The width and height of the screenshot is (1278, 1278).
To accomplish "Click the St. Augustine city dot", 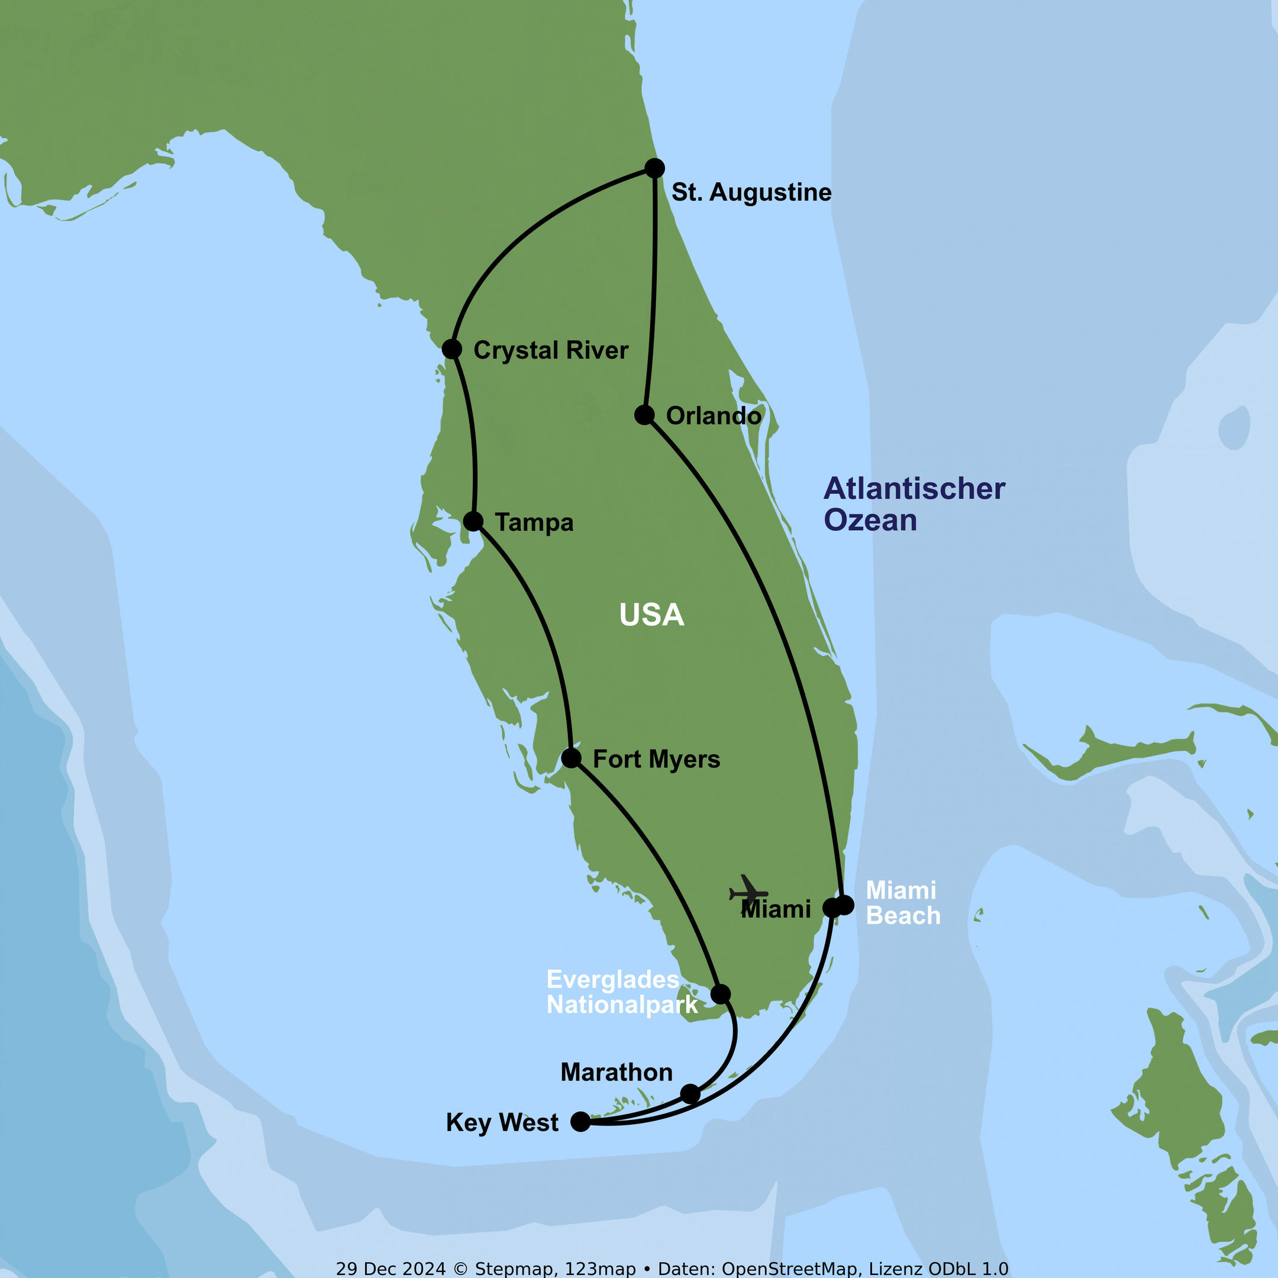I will (654, 168).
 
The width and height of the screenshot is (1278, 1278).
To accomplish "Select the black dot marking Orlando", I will (644, 415).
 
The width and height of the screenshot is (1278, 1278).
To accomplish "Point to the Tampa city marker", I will (473, 521).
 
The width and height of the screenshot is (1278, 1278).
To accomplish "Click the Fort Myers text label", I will (656, 759).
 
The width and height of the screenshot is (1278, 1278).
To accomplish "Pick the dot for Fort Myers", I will (571, 758).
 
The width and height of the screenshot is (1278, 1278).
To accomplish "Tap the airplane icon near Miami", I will (748, 892).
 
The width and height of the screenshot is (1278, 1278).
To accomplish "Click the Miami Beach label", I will (903, 903).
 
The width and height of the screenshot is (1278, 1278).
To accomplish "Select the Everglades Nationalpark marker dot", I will (721, 993).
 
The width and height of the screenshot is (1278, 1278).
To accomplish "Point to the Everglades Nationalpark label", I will (622, 992).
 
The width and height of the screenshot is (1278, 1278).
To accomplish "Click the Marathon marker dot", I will (690, 1093).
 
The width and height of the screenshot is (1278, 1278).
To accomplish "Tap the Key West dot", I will (580, 1121).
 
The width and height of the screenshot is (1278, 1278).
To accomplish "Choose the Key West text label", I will (502, 1122).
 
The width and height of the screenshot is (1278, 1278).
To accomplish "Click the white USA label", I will (651, 615).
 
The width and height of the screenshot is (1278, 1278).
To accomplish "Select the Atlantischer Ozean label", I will (914, 504).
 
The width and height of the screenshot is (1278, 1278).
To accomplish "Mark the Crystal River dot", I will (452, 348).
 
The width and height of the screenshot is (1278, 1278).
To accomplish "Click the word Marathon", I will (617, 1072).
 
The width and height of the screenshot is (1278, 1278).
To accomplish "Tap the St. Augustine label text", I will (751, 192).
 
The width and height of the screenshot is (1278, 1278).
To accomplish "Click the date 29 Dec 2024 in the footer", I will (391, 1268).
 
